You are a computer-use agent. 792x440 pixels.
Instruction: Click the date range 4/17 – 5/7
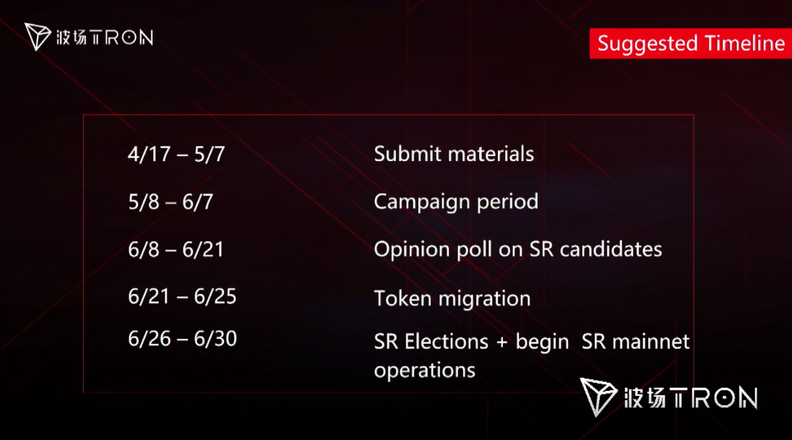pos(176,154)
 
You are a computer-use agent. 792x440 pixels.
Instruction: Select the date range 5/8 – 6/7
pos(171,202)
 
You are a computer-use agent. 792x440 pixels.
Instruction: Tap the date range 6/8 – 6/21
pos(176,249)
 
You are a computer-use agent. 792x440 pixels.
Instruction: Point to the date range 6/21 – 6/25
pos(182,296)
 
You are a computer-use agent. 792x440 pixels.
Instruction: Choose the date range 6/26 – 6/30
pos(182,339)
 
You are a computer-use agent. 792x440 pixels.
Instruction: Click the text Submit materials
pos(454,154)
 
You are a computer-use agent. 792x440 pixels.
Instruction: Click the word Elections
pos(447,342)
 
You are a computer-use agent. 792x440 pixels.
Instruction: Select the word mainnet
pos(650,342)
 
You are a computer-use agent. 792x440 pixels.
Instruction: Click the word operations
pos(425,371)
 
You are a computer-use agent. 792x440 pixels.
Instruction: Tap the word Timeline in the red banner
pos(744,43)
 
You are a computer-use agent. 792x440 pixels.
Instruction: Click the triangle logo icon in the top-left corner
pos(38,36)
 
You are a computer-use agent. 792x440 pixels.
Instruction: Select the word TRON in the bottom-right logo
pos(715,397)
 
